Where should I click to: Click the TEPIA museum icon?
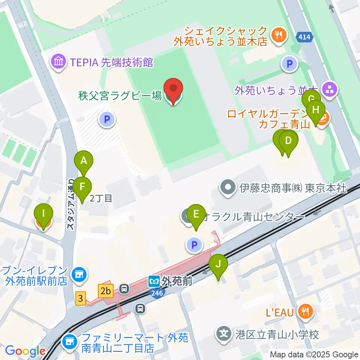58,62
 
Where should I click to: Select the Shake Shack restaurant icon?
279,35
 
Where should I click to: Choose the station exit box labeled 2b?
106,290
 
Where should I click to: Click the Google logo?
25,351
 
